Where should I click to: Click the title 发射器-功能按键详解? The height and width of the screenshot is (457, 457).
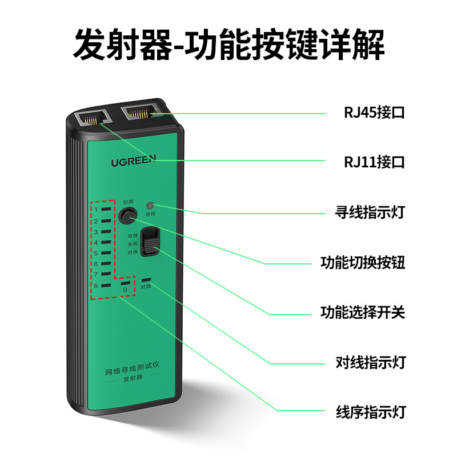tap(228, 45)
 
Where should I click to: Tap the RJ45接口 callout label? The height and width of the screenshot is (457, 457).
tap(374, 113)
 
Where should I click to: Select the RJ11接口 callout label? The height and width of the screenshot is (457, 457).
tap(374, 162)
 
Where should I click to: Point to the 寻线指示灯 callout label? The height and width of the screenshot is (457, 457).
tap(370, 212)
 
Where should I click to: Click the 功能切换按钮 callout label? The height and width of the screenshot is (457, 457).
tap(363, 262)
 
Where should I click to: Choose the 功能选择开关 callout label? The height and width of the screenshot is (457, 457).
tap(363, 312)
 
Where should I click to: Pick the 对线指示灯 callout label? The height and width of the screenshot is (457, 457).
tap(371, 363)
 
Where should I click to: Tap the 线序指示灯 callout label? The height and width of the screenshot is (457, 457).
tap(371, 412)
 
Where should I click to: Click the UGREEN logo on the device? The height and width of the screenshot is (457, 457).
tap(134, 161)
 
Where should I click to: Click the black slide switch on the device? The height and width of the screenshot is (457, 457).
tap(150, 242)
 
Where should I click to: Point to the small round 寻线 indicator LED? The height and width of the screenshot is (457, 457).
tap(150, 206)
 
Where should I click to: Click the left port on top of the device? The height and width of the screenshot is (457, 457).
tap(93, 119)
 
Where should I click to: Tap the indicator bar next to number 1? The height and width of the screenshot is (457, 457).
tap(106, 209)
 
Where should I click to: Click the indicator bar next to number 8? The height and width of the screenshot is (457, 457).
tap(106, 286)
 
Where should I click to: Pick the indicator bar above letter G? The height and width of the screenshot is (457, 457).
tap(125, 283)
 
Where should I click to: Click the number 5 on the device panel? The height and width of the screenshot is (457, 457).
tap(95, 253)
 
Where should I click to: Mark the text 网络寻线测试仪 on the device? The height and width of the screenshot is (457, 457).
tap(133, 368)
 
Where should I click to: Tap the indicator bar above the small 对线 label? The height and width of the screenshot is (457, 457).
tap(146, 280)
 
